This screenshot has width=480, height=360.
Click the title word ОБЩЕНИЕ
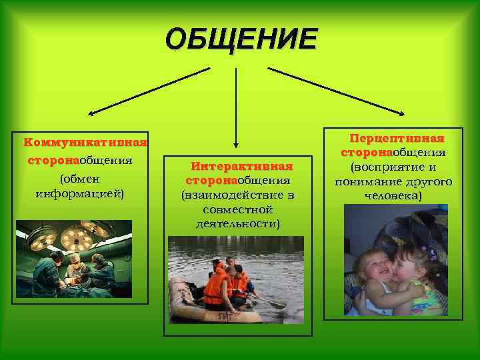click(241, 39)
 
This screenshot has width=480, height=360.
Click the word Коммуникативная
click(85, 142)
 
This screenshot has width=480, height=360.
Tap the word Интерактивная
click(242, 166)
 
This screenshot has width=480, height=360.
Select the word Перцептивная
click(397, 139)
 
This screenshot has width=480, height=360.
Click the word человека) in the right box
click(393, 197)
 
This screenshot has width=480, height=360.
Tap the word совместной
click(238, 209)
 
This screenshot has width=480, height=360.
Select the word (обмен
click(80, 179)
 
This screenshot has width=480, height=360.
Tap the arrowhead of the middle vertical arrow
click(236, 143)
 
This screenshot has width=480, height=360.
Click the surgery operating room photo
click(74, 259)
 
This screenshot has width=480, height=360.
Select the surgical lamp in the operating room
click(75, 237)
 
